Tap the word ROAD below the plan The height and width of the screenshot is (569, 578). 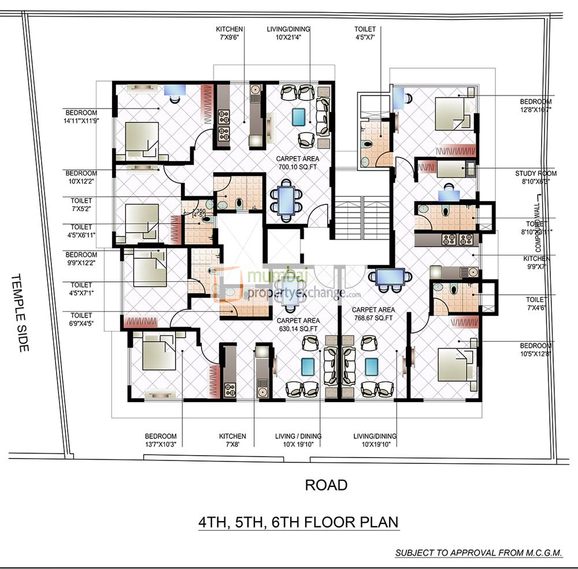point(327,485)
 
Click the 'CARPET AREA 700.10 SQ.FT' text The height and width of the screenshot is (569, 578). point(298,162)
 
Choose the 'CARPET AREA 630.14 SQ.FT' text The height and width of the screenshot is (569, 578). point(298,325)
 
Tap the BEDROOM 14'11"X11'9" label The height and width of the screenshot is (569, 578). point(81,117)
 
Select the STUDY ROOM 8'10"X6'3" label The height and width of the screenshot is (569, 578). point(536,177)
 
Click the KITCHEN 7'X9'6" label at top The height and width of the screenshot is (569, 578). point(230,33)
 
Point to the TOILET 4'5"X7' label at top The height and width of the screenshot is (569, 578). point(365,33)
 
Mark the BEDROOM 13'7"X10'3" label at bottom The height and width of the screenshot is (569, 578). point(161,440)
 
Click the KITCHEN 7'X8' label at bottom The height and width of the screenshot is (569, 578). point(232,440)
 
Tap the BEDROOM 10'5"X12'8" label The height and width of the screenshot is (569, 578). point(536,349)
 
